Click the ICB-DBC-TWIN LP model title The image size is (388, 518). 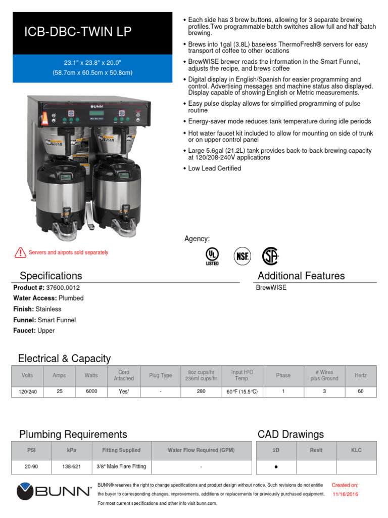coord(78,32)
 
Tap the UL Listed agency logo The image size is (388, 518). coord(212,256)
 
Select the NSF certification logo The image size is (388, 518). coord(242,256)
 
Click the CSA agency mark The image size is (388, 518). coord(270,256)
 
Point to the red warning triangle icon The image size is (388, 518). coord(20,252)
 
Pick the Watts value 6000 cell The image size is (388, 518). coord(91,391)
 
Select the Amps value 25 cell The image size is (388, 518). coord(60,391)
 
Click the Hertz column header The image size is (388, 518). coord(361,375)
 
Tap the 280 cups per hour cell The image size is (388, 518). coord(201,391)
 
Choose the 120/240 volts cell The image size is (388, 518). coord(28,392)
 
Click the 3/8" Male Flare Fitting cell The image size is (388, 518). coord(121,467)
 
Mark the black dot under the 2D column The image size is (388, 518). coord(276,467)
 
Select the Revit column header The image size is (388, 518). coord(316,450)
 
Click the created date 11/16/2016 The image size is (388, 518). coord(345,494)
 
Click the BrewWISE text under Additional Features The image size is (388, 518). coord(271,287)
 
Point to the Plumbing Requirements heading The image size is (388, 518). coord(73,434)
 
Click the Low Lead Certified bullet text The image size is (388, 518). coord(214,168)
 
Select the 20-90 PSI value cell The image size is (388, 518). coord(32,467)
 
